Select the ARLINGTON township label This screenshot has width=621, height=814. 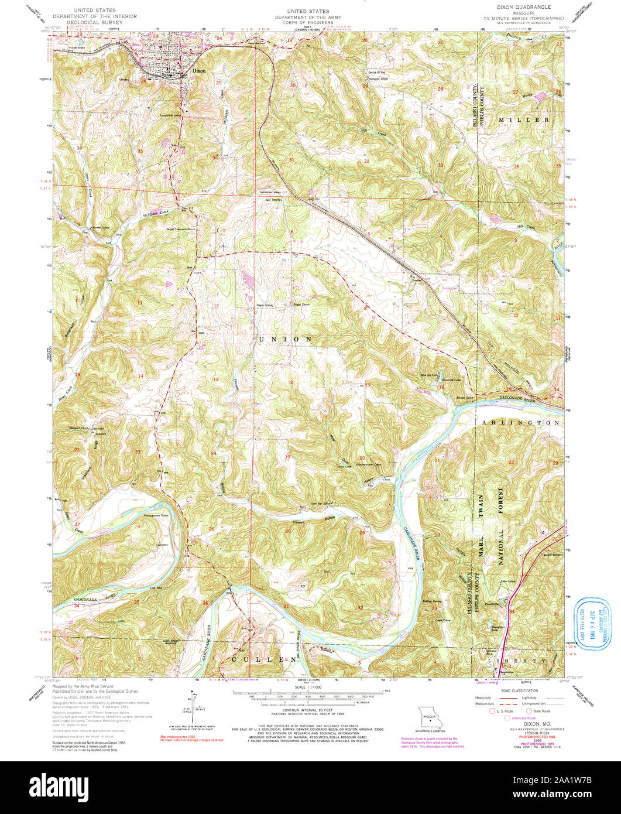520,422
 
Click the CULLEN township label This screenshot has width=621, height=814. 259,659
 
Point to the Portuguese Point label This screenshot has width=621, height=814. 156,515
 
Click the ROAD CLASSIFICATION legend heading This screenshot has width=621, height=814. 516,691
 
